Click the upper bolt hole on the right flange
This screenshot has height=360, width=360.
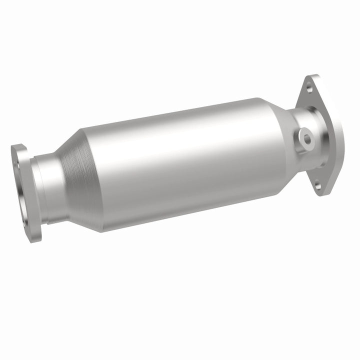(x=309, y=88)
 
